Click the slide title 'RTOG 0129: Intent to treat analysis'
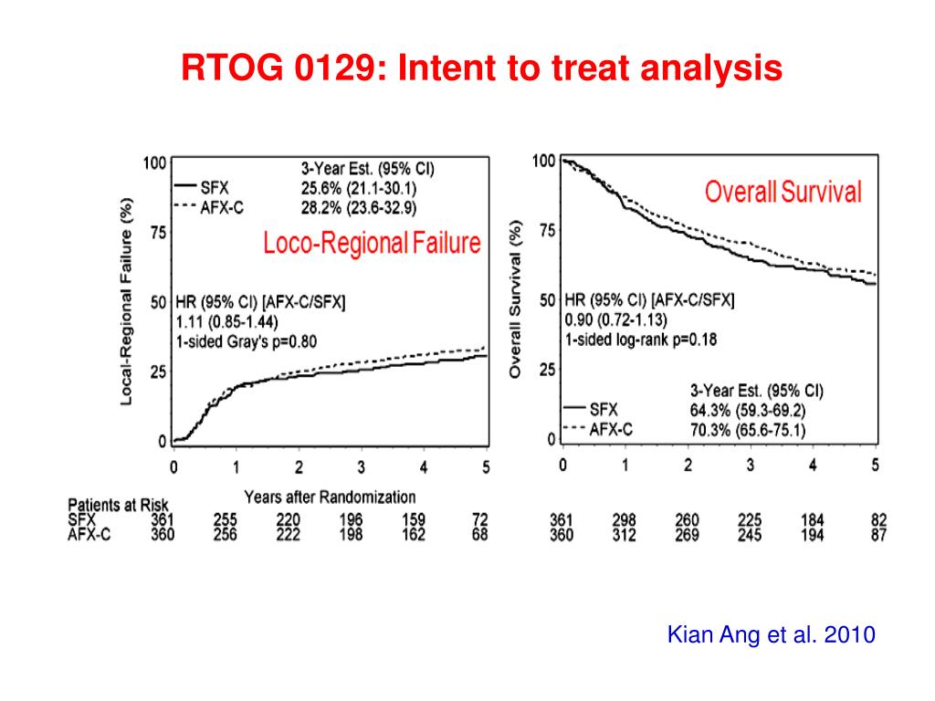[481, 68]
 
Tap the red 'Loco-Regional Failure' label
[372, 243]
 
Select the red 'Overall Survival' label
[783, 193]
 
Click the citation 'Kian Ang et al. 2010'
[772, 634]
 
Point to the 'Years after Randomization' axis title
[330, 497]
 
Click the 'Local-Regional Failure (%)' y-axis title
[128, 301]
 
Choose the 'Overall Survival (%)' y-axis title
[516, 298]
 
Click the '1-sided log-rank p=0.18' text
[642, 340]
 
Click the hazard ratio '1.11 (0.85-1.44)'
[227, 321]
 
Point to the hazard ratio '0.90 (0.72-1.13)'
[616, 319]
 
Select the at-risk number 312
[625, 535]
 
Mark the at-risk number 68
[480, 534]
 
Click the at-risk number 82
[879, 520]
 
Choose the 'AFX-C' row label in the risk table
[89, 535]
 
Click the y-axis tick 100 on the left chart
[154, 163]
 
